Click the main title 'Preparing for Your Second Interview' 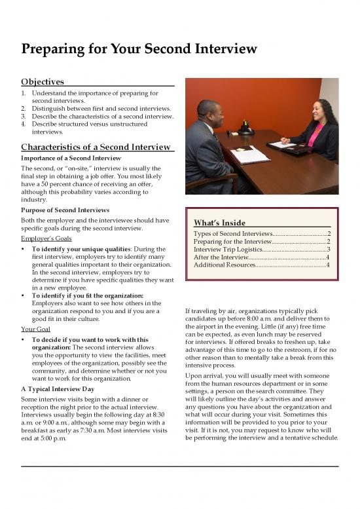click(x=139, y=49)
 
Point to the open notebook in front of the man click(x=250, y=155)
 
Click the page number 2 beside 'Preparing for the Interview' click(x=328, y=242)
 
